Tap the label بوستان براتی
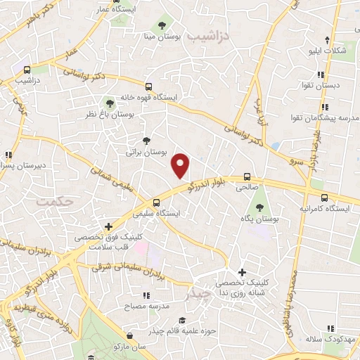tap(146, 151)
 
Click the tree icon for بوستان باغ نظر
tap(109, 103)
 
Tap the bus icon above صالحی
tap(247, 177)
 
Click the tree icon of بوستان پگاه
tap(260, 207)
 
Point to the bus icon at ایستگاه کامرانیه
tap(323, 198)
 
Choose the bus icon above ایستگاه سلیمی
tap(156, 202)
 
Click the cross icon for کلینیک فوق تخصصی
tap(108, 226)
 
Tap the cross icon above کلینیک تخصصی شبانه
tap(243, 272)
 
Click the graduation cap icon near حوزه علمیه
tap(182, 320)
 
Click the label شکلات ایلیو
tap(331, 51)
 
